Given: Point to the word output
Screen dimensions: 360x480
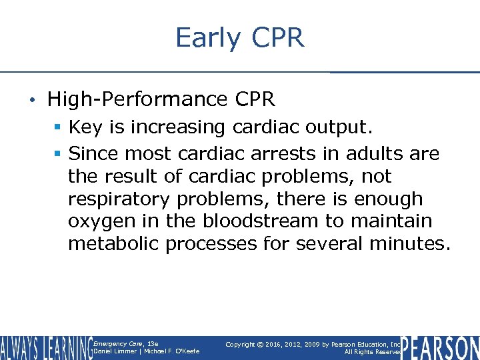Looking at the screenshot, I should click(341, 127).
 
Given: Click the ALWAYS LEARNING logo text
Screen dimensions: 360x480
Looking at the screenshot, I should click(45, 347).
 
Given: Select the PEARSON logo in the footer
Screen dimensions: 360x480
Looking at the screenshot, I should click(441, 347).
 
